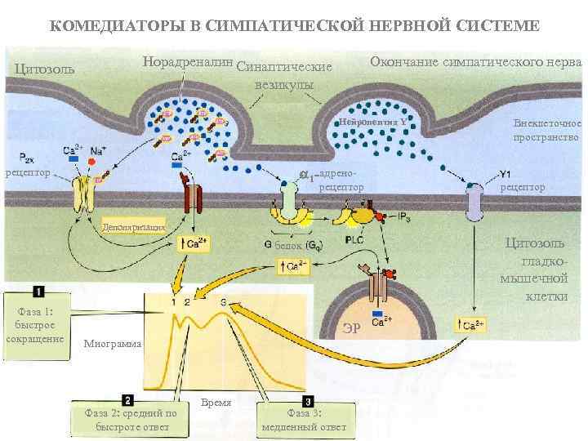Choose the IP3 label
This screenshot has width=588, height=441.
(x=405, y=216)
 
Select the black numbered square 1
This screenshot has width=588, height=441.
(x=39, y=291)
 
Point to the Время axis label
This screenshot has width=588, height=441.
(x=216, y=403)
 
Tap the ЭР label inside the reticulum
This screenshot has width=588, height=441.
(x=350, y=329)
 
